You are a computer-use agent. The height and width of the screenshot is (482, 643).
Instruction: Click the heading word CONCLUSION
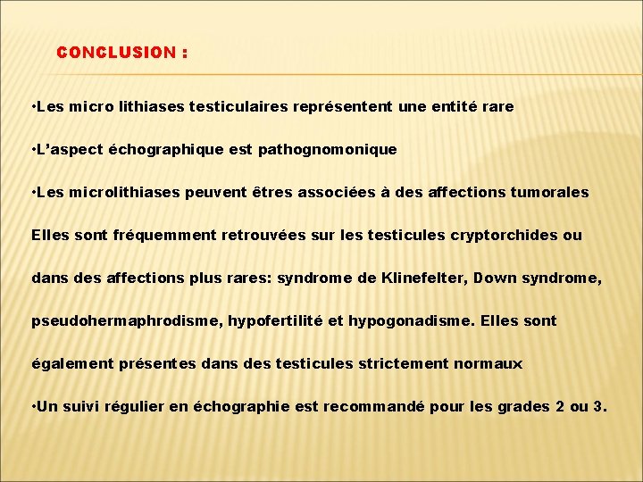point(116,53)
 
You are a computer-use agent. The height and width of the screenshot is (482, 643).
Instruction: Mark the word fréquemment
point(155,235)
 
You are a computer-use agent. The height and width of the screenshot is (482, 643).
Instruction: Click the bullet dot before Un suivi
point(33,406)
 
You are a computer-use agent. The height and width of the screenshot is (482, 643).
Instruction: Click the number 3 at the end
point(598,406)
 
